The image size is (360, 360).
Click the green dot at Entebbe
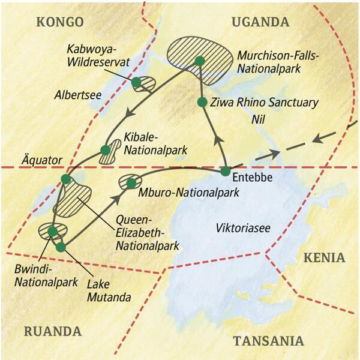(x=225, y=172)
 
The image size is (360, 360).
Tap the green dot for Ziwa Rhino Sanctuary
(x=202, y=101)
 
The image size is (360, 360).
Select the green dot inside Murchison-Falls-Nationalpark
(x=200, y=61)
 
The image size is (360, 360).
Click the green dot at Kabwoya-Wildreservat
(x=137, y=82)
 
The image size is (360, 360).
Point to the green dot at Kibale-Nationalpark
(x=104, y=149)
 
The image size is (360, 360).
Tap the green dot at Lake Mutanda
(x=60, y=247)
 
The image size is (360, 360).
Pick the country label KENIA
(x=325, y=258)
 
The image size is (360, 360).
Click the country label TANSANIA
(x=268, y=341)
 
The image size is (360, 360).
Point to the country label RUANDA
(x=53, y=331)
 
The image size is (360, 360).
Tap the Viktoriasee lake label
(x=240, y=227)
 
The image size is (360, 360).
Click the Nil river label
(x=260, y=120)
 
